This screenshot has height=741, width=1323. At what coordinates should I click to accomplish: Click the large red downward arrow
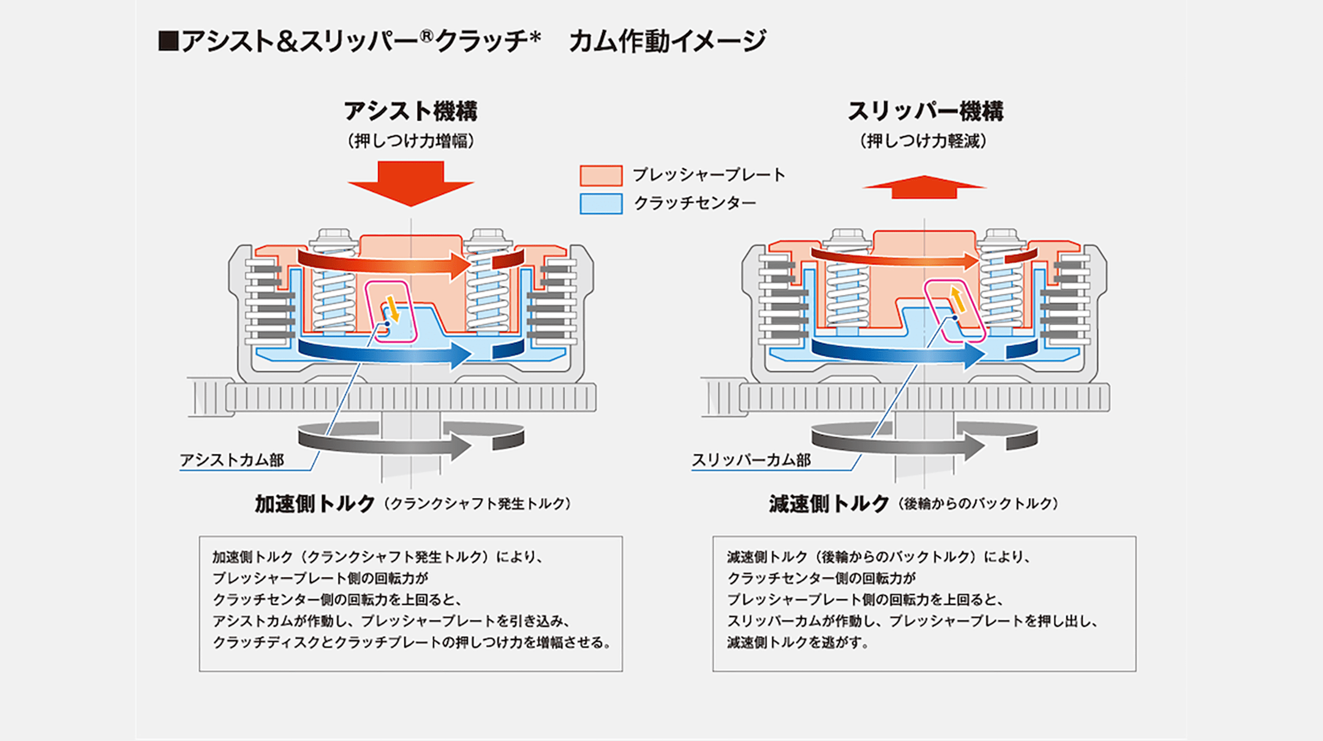[x=411, y=182]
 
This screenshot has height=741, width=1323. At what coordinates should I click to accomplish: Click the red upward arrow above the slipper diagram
[x=924, y=187]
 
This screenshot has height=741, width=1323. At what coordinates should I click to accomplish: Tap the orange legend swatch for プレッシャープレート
[x=601, y=176]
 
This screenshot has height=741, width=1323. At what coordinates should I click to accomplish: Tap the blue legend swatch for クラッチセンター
[x=601, y=204]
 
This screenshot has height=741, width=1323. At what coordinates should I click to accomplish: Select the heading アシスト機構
[x=411, y=111]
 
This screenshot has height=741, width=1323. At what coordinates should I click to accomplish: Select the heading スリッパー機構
[x=925, y=111]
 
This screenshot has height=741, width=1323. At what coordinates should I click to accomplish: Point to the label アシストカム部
[x=232, y=460]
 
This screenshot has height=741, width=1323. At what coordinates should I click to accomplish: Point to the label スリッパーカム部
[x=751, y=460]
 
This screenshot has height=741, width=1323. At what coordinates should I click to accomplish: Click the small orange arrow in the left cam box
[x=392, y=309]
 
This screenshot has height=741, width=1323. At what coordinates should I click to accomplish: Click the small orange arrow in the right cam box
[x=958, y=299]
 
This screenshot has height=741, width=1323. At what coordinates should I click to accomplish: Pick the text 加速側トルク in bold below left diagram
[x=315, y=503]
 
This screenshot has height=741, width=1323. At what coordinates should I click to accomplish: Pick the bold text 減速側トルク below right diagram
[x=829, y=503]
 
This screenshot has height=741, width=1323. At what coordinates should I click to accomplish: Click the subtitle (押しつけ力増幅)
[x=411, y=141]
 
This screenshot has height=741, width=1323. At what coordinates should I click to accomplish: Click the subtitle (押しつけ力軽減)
[x=924, y=141]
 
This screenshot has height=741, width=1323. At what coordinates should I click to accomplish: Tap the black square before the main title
[x=168, y=41]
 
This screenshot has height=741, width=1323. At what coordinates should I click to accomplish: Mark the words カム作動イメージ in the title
[x=667, y=41]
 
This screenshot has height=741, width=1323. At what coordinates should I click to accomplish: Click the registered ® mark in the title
[x=427, y=36]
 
